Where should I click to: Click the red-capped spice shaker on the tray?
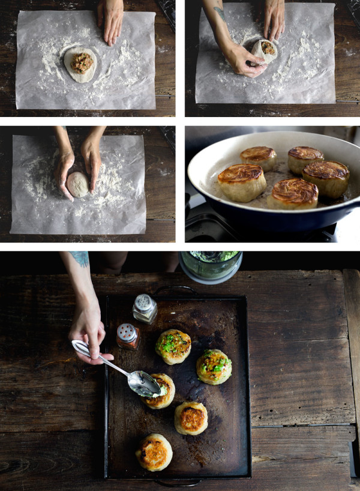click(128, 337)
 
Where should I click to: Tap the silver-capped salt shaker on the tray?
click(145, 309)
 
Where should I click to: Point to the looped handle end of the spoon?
click(80, 347)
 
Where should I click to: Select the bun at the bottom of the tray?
click(154, 452)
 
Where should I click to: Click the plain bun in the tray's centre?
click(191, 418)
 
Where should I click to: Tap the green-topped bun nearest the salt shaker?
click(173, 346)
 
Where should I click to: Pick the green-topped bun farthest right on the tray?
click(214, 366)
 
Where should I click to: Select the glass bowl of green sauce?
click(211, 266)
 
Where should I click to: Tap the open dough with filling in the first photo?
click(80, 64)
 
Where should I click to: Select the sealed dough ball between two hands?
click(77, 184)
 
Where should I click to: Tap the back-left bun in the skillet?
click(259, 158)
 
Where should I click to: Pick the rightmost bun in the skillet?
click(326, 178)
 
